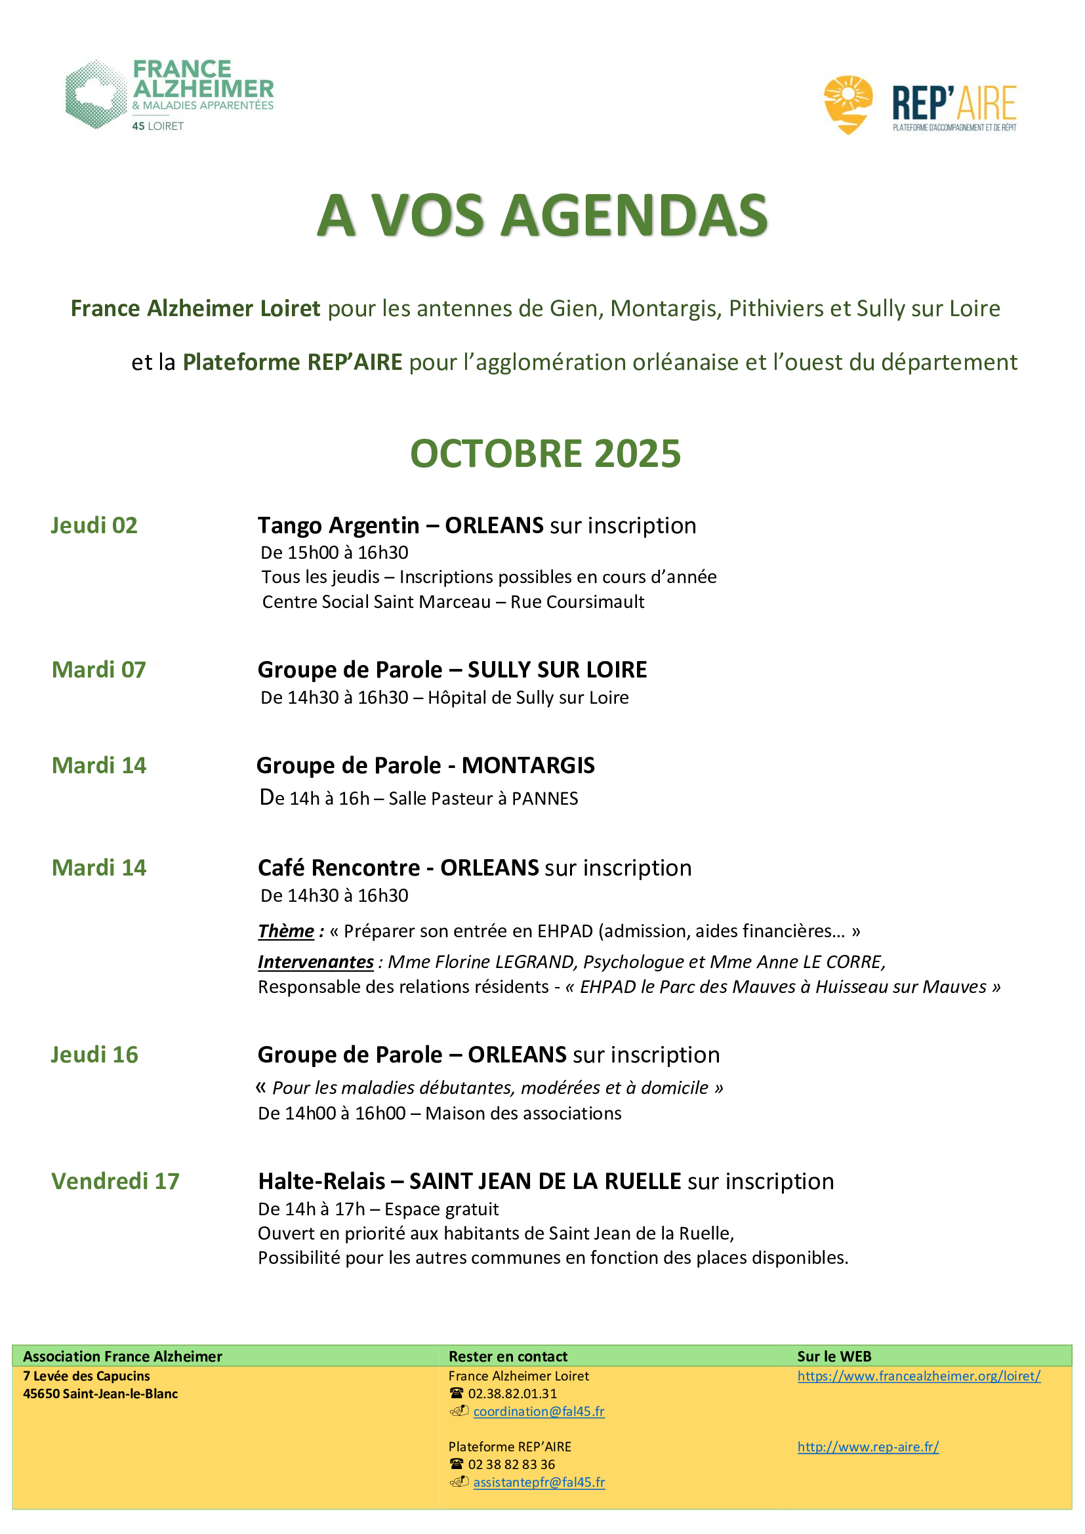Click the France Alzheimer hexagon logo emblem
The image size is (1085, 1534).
[96, 94]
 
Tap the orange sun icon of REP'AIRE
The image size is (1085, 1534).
[848, 104]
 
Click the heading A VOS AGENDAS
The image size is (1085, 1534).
[542, 215]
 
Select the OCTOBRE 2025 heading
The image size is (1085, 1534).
[545, 454]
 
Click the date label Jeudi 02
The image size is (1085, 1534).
[94, 525]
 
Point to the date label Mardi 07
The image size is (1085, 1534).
[99, 670]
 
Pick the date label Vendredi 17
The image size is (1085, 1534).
[115, 1181]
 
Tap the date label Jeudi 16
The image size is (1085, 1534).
[94, 1055]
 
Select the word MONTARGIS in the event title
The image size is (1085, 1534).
[528, 765]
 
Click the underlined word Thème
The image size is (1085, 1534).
[286, 931]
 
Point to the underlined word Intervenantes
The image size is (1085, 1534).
[316, 961]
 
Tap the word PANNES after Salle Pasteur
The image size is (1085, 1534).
[544, 798]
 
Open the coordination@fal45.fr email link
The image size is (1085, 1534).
[539, 1411]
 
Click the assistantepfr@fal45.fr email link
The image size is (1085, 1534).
[539, 1482]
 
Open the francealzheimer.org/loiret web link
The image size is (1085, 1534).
[918, 1376]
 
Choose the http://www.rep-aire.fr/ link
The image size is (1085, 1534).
[868, 1447]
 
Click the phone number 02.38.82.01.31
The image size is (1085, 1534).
[512, 1394]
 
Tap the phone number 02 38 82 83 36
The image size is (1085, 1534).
[511, 1464]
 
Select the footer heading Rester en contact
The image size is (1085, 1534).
[508, 1356]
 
